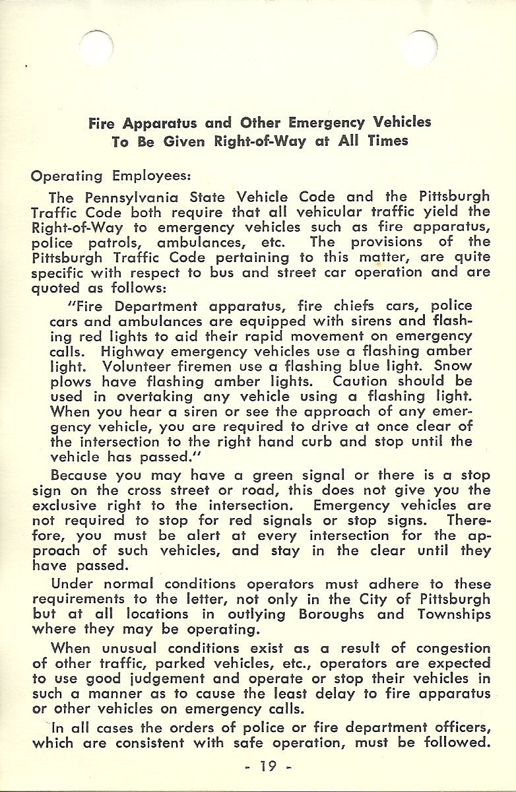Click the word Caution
click(x=360, y=381)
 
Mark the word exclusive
click(x=63, y=506)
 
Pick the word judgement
click(x=166, y=678)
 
